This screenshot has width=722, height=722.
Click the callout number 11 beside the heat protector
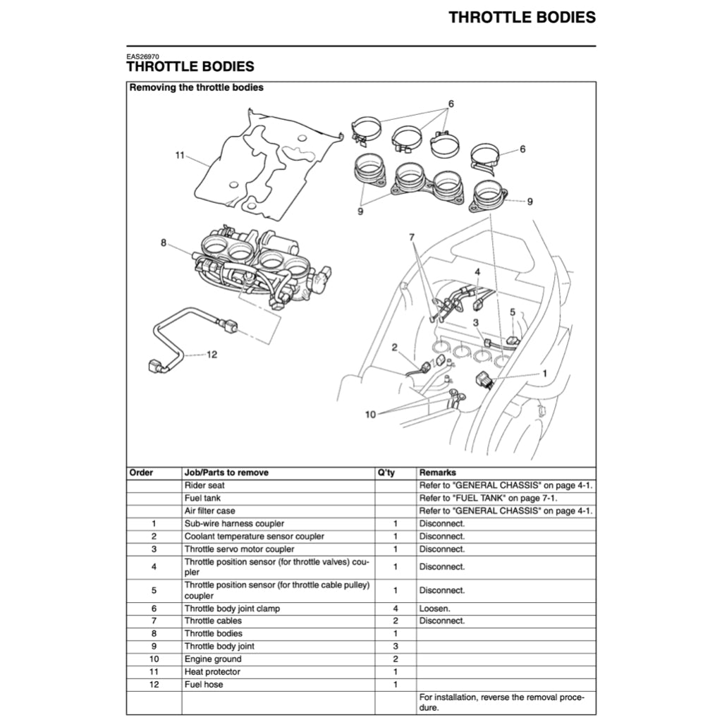179,154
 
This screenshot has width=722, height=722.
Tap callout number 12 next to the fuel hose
212,354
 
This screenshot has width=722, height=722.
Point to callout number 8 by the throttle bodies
164,243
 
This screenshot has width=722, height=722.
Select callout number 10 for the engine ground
370,414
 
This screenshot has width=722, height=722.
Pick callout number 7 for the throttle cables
412,238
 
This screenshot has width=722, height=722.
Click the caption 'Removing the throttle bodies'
196,88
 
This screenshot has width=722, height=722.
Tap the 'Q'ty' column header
386,472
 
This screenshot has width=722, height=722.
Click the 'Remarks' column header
437,472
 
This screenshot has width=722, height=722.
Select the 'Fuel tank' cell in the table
202,498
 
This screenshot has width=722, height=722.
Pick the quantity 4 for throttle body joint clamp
396,608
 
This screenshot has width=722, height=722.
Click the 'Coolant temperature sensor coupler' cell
254,536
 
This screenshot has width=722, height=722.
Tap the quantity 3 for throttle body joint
396,646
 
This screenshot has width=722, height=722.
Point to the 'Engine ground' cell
212,659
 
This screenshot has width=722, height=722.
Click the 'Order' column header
141,472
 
